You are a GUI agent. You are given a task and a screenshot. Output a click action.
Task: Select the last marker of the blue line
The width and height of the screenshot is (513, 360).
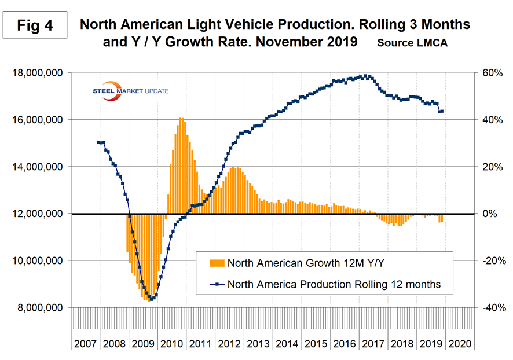click(442, 111)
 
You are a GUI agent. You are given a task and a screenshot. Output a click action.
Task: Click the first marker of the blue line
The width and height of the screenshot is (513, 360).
click(98, 142)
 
